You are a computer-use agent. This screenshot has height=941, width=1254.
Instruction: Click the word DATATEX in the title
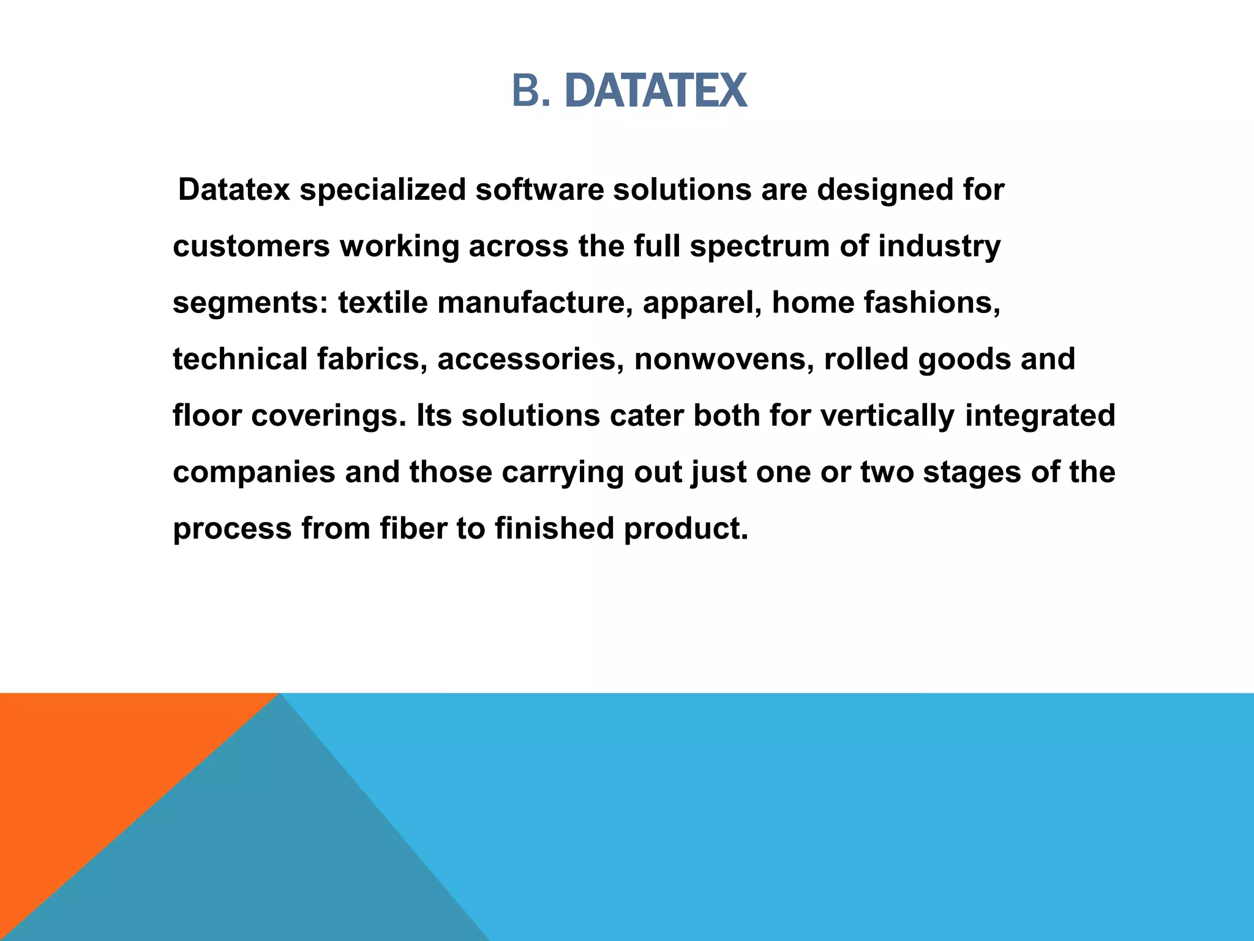(x=656, y=91)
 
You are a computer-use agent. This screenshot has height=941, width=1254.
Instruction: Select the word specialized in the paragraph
(x=383, y=190)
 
